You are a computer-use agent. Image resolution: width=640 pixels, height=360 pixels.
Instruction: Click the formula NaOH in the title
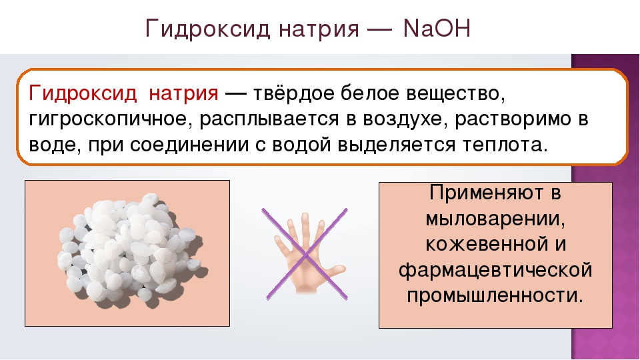[x=437, y=29]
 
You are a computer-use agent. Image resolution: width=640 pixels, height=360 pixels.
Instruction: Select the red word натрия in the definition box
[x=183, y=94]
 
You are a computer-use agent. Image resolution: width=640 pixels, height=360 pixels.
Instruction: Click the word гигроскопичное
[x=110, y=119]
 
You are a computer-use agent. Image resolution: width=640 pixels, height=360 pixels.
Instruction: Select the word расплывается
[x=269, y=119]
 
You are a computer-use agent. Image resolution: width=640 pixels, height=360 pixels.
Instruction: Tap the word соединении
[x=189, y=145]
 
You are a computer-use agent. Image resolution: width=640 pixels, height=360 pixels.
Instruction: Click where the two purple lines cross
[x=305, y=255]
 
